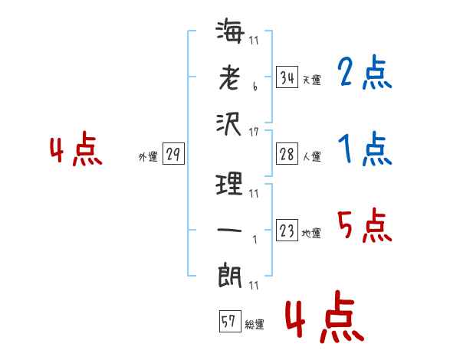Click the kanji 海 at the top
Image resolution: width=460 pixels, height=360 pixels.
(x=230, y=31)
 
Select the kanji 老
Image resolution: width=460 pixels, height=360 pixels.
(x=229, y=77)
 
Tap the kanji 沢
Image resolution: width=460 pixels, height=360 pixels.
(x=228, y=124)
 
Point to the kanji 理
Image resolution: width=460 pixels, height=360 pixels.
(x=229, y=184)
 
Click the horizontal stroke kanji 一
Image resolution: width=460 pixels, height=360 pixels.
(x=229, y=230)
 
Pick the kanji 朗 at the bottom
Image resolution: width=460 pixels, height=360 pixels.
(x=230, y=276)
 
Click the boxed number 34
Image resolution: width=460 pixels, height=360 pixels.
(x=287, y=77)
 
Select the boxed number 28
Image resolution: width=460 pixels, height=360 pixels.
(x=287, y=154)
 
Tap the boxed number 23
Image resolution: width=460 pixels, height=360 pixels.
(x=287, y=230)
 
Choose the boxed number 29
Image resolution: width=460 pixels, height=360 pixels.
(x=173, y=154)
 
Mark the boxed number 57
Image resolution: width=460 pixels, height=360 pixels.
(x=230, y=321)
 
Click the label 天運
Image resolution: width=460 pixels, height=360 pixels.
(x=312, y=80)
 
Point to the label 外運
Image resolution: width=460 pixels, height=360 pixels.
(x=148, y=157)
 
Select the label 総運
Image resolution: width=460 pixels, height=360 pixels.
(x=255, y=324)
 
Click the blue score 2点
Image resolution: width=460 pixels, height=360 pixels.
(x=365, y=72)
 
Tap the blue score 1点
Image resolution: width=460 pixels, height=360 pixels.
(x=365, y=149)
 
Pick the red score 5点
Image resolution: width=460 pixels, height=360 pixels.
(x=365, y=225)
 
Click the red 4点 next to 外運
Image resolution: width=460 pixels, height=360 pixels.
(x=76, y=149)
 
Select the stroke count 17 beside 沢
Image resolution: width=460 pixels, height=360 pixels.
(x=254, y=133)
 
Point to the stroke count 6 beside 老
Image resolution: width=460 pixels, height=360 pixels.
(x=255, y=87)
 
